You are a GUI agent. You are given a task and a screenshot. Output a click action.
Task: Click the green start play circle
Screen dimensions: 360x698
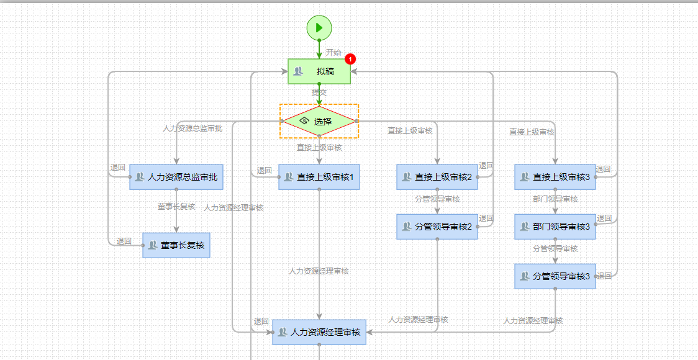coord(319,27)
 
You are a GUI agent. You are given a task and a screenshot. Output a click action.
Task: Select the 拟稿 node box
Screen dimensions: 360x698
coord(319,71)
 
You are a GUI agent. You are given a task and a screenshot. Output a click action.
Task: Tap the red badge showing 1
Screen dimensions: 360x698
coord(350,60)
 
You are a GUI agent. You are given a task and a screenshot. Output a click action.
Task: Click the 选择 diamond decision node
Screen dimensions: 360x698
coord(319,121)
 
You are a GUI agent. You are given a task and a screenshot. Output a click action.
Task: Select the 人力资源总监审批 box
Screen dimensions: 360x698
coord(176,178)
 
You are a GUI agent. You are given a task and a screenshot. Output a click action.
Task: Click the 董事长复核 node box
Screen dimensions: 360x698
coord(176,245)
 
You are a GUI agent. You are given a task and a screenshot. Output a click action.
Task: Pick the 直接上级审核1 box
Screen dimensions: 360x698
coord(319,177)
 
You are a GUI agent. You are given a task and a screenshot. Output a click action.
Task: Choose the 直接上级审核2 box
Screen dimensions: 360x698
coord(437,177)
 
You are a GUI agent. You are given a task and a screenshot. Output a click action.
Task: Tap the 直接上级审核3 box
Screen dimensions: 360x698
coord(555,177)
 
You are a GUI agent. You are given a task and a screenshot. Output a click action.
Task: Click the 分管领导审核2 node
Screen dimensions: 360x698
coord(437,227)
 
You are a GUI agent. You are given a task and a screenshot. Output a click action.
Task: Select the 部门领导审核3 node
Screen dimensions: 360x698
coord(555,227)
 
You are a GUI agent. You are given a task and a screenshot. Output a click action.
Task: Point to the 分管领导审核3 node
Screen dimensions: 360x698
coord(555,276)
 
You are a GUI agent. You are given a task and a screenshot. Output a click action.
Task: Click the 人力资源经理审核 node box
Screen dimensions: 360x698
coord(319,332)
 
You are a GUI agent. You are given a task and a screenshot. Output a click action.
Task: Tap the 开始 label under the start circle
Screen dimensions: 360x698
coord(333,52)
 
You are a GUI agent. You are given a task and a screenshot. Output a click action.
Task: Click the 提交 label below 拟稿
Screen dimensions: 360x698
coord(319,92)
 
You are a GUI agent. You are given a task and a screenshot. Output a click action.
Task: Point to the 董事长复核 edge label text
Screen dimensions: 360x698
coord(176,206)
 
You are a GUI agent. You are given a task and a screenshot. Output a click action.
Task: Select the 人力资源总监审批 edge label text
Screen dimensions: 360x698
coord(193,128)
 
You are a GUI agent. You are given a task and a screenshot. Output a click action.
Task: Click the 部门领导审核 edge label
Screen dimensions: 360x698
coord(555,199)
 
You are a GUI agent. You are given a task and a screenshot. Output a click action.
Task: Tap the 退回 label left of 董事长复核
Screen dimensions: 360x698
coord(124,241)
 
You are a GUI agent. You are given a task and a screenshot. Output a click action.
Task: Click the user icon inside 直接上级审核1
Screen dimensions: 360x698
coord(288,178)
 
